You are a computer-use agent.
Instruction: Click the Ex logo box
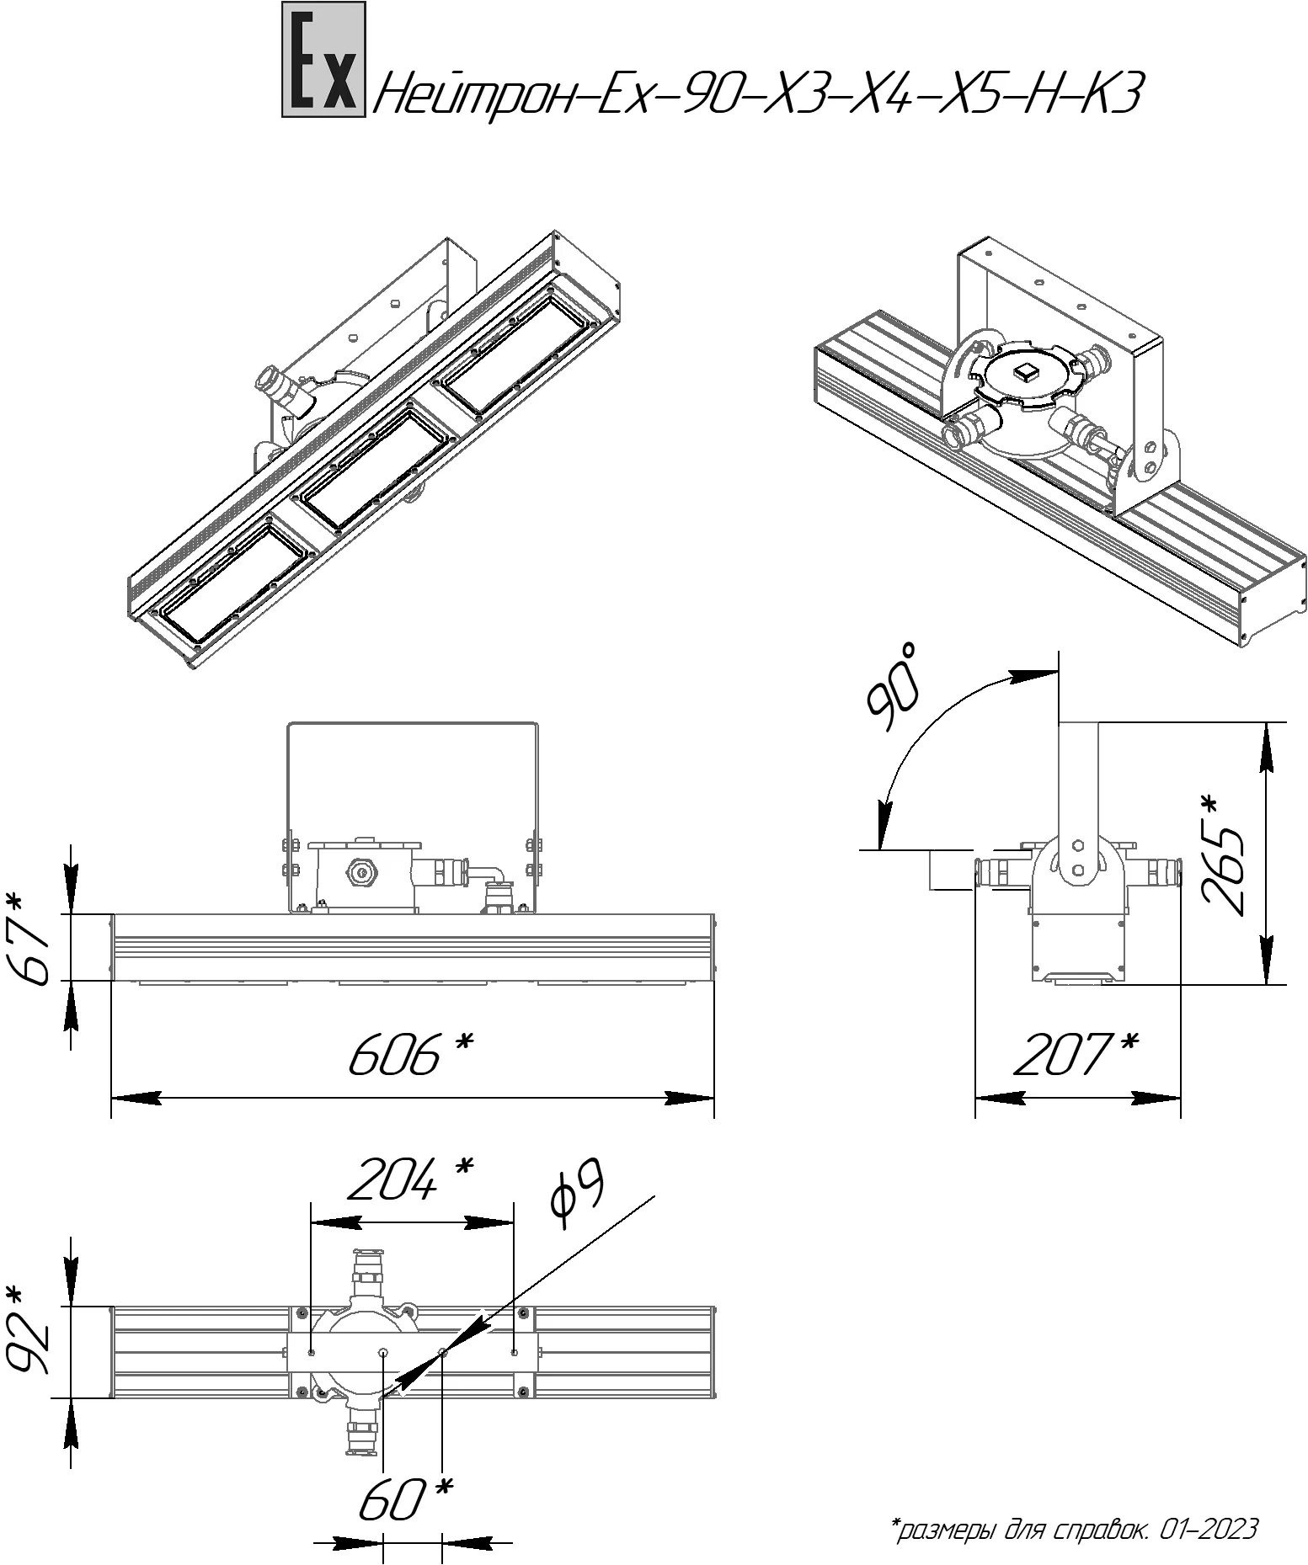[x=323, y=59]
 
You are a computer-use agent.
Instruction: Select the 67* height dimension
[x=31, y=946]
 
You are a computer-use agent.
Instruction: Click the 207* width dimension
[x=1076, y=1054]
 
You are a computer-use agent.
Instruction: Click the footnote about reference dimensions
[x=1074, y=1528]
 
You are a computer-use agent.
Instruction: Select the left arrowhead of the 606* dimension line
[x=136, y=1098]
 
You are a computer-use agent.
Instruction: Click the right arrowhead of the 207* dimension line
[x=1157, y=1098]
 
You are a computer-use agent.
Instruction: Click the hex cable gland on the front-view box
[x=360, y=872]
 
